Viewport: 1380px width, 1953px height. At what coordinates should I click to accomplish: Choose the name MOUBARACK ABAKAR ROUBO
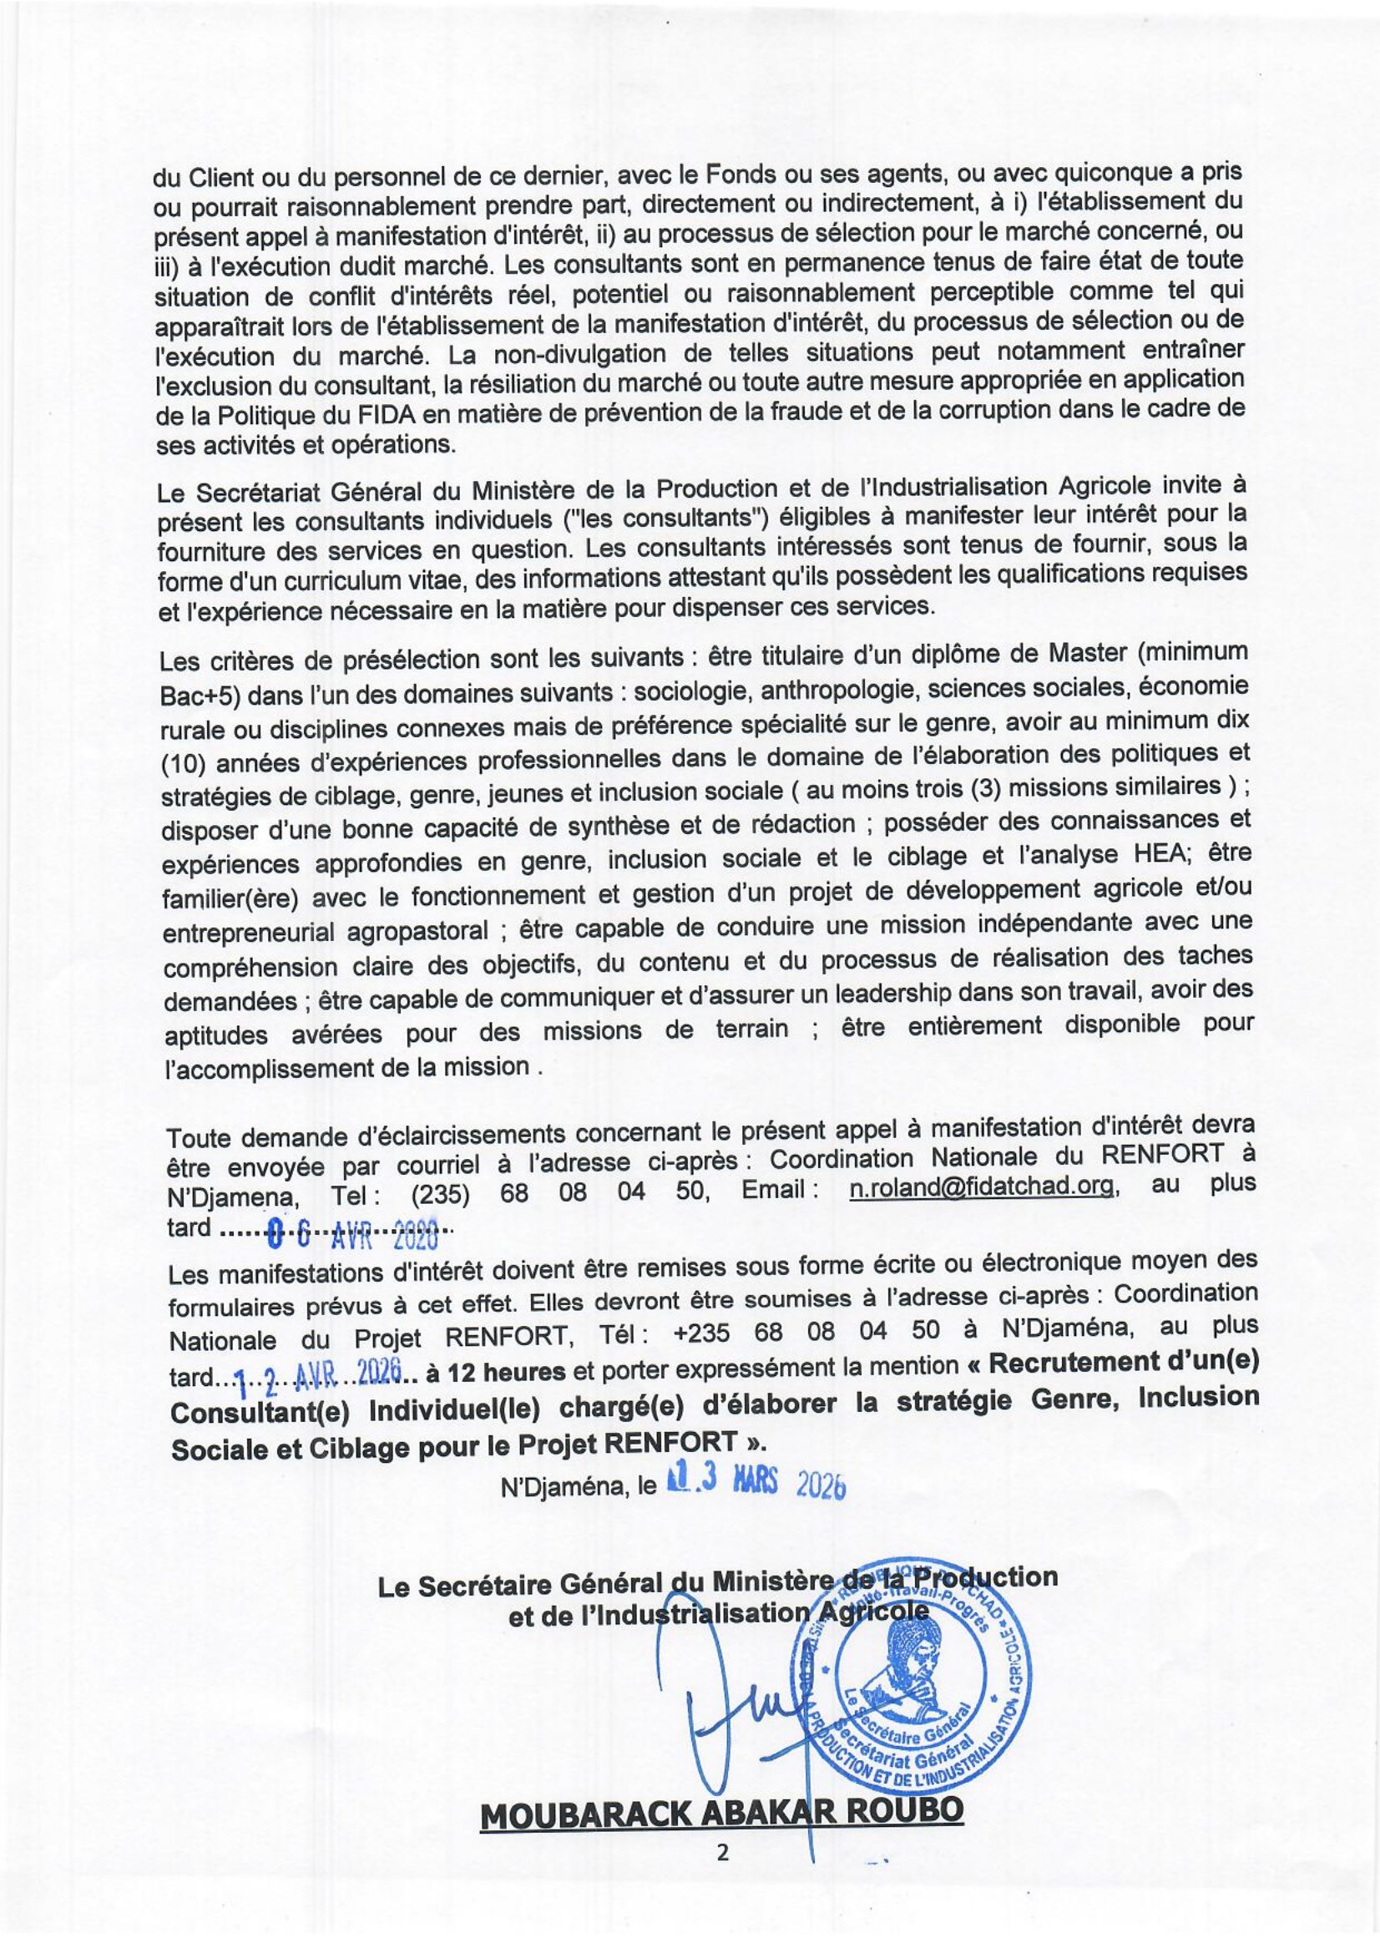click(722, 1814)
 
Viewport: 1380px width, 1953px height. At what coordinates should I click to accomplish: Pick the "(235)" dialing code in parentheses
click(441, 1195)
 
